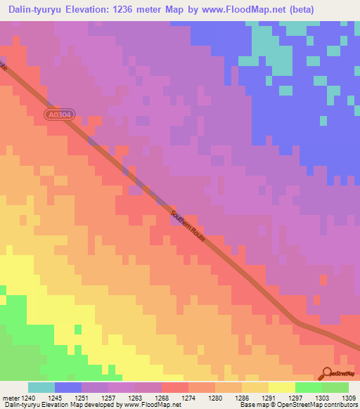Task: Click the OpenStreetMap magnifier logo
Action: point(327,374)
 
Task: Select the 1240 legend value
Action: point(28,397)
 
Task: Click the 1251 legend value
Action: point(82,397)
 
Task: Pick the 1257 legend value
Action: point(108,397)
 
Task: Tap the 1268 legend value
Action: point(162,397)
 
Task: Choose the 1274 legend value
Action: point(188,397)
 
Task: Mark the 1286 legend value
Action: point(242,397)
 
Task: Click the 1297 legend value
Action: point(295,397)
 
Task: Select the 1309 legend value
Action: point(349,397)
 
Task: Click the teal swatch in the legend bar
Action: point(41,387)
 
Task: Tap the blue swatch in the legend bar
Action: point(68,387)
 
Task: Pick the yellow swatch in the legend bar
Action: point(282,387)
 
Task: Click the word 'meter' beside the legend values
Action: point(10,397)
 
